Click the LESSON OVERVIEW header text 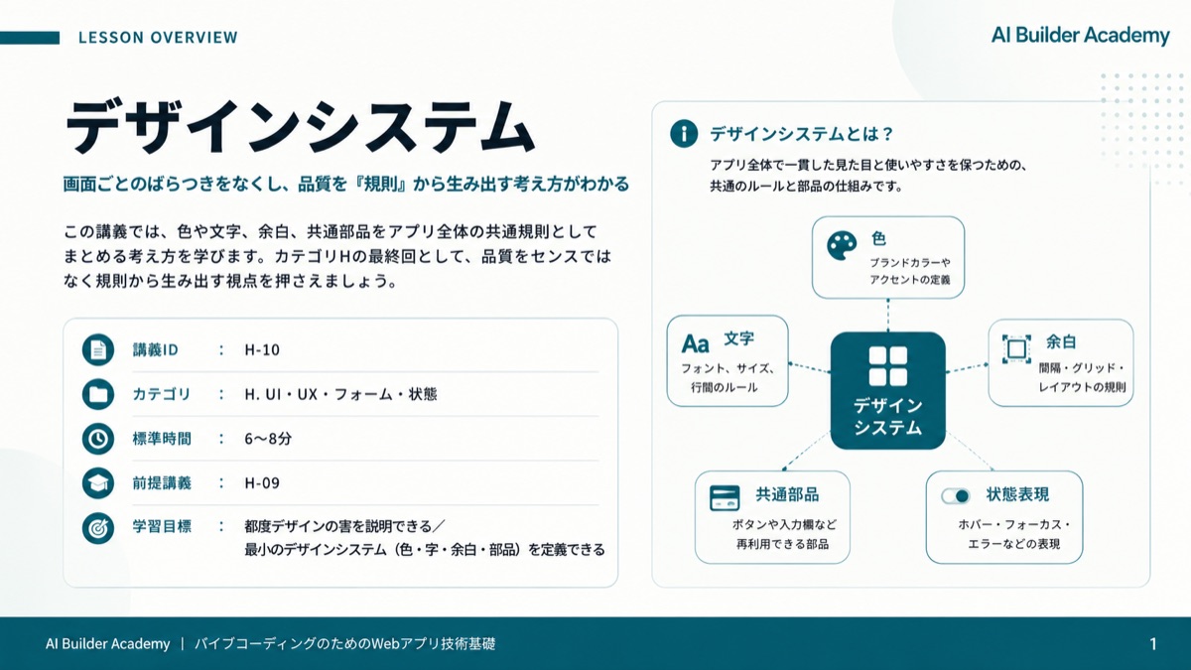(x=158, y=38)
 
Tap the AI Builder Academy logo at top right (x=1081, y=36)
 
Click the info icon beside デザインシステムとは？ (x=684, y=133)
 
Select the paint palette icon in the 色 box (x=842, y=246)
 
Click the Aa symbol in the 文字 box (x=696, y=344)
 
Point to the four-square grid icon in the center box (x=888, y=366)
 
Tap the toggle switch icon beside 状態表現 (x=956, y=496)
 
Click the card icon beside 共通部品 (x=725, y=498)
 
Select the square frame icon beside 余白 (x=1016, y=349)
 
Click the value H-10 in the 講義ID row (x=262, y=349)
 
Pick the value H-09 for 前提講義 (x=262, y=482)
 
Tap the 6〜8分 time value (x=268, y=439)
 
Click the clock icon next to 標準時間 (x=98, y=439)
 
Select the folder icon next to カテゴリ (x=98, y=394)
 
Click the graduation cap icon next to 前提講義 (x=98, y=482)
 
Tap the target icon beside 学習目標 (x=98, y=528)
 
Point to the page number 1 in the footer (x=1153, y=644)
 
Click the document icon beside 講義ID (x=98, y=349)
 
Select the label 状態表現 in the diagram (x=1017, y=494)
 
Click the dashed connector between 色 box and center (x=888, y=316)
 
